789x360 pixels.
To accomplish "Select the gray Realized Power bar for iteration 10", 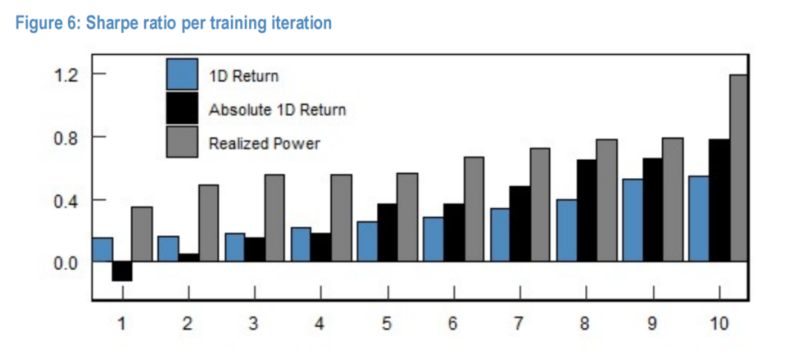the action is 738,168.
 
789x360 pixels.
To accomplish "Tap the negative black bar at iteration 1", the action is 122,271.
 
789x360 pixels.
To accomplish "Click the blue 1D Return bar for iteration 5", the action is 367,242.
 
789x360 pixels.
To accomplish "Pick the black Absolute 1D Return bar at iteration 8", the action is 587,211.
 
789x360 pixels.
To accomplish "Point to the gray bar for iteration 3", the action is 274,218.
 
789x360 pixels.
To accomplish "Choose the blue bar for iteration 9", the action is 633,221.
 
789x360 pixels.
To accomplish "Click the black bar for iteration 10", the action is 719,201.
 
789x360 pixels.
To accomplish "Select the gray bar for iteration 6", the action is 473,209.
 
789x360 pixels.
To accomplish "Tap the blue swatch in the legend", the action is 182,74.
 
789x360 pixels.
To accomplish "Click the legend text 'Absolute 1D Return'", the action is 278,110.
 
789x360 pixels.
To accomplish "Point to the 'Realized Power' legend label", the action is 264,143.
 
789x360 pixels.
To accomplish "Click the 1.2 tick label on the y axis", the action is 68,75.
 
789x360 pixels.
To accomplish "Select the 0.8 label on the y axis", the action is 68,138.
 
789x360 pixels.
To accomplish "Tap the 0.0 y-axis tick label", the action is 68,263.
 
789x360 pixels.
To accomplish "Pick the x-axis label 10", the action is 719,323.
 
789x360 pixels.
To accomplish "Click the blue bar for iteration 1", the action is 103,250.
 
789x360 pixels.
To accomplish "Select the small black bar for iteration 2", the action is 188,258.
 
